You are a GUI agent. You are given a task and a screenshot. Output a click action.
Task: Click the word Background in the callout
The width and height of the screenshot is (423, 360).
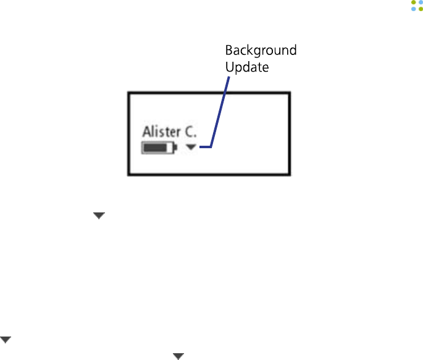tap(261, 51)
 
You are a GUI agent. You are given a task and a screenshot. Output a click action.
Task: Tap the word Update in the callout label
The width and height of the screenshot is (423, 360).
tap(247, 67)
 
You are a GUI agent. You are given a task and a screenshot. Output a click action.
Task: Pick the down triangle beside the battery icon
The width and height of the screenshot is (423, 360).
tap(191, 148)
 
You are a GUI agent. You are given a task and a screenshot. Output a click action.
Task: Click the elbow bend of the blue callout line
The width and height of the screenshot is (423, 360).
tap(212, 147)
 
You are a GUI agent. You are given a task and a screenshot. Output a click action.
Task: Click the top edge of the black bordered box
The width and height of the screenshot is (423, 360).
tap(209, 93)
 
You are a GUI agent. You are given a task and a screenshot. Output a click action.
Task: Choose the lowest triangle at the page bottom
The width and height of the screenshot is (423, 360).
tap(178, 356)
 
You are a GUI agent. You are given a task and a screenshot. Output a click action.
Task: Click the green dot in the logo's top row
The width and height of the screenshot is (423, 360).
tap(413, 2)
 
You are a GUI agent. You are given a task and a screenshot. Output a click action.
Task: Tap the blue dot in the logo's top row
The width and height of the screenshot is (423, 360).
tap(421, 2)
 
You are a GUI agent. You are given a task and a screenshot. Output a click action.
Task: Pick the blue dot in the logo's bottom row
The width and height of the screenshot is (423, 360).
tap(413, 9)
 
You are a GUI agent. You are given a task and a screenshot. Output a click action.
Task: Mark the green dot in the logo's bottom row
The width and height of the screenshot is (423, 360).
tap(421, 9)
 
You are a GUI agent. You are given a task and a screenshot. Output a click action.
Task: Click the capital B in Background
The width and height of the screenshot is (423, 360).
tap(228, 51)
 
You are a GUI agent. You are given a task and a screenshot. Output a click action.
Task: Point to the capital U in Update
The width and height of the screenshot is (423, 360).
tap(229, 67)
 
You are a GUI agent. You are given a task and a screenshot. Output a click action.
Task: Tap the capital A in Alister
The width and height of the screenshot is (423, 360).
tap(147, 132)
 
